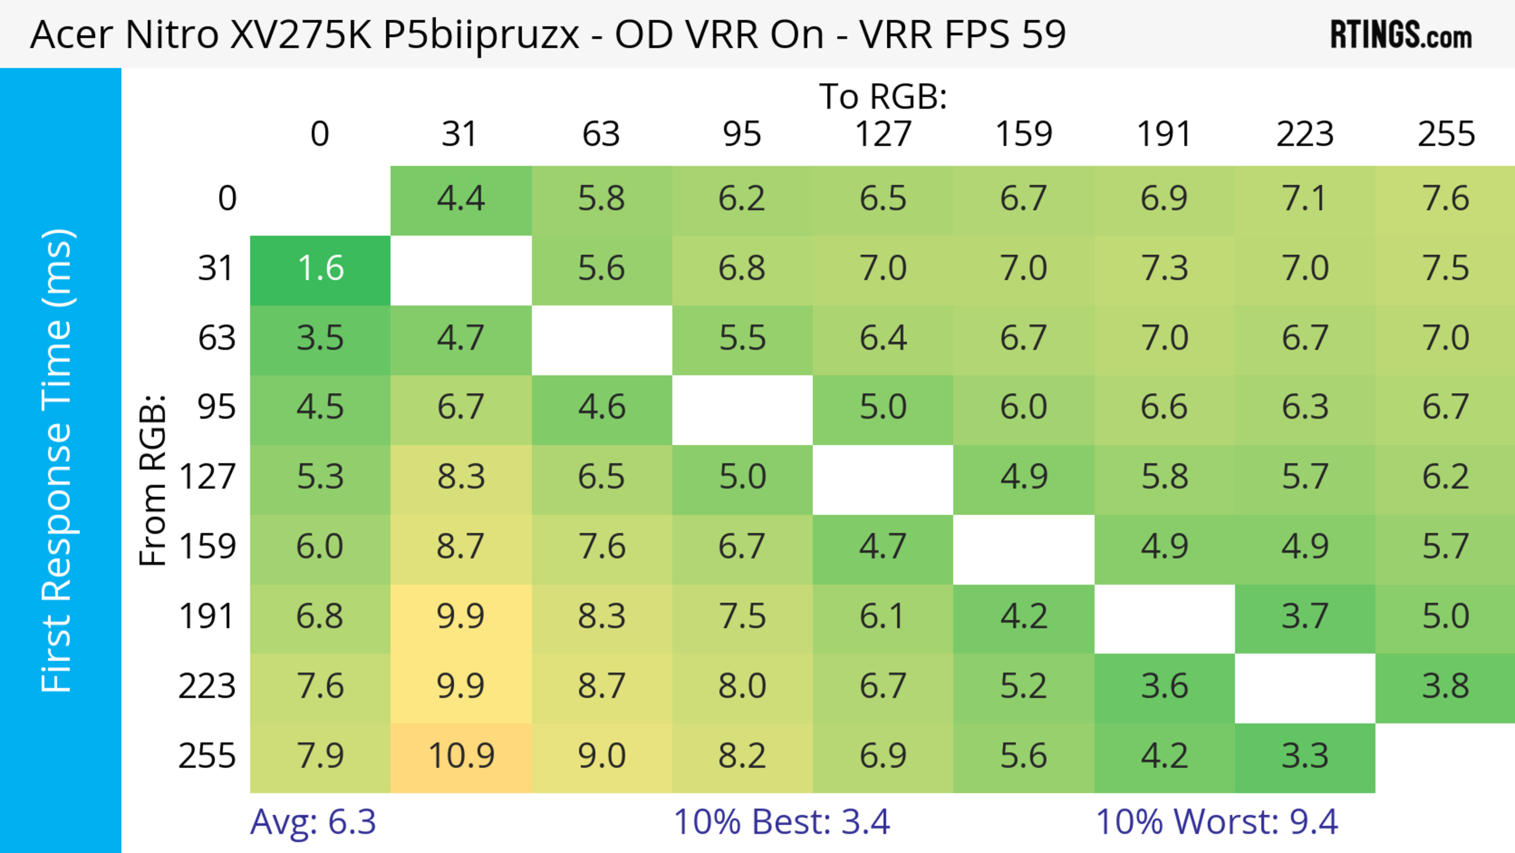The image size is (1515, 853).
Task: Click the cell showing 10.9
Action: tap(461, 756)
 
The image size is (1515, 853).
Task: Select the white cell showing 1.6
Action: tap(320, 269)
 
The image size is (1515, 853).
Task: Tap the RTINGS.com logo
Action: tap(1401, 35)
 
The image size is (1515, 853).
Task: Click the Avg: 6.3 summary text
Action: tap(313, 822)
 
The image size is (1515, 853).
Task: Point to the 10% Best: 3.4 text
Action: tap(782, 822)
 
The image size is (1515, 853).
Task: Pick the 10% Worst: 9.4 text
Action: tap(1217, 822)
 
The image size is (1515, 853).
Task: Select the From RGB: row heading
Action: tap(153, 480)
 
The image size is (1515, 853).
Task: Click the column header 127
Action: tap(883, 134)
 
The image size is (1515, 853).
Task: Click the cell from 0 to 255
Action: tap(1446, 199)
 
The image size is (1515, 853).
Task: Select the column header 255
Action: tap(1446, 134)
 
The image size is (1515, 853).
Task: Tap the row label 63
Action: tap(217, 338)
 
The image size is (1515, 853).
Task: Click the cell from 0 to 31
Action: tap(461, 199)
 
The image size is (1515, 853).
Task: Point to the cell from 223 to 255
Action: tap(1446, 686)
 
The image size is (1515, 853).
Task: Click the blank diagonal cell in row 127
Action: tap(883, 478)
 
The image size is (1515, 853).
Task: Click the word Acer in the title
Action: tap(71, 35)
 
